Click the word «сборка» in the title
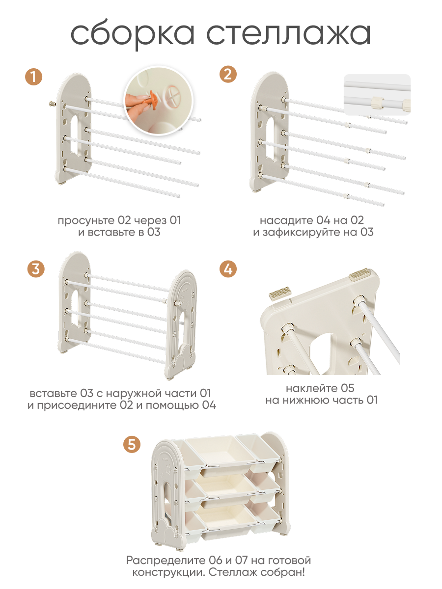tap(133, 34)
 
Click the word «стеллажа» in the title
tap(289, 34)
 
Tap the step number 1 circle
tap(33, 77)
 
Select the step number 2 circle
tap(228, 74)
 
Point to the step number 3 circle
tap(36, 269)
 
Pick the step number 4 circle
tap(228, 269)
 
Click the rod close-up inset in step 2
tap(377, 95)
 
